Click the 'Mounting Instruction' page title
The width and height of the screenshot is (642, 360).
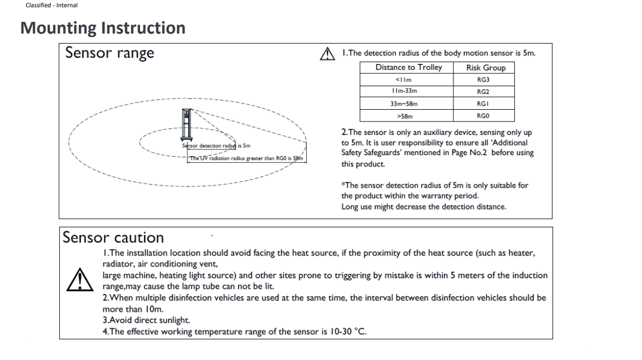103,28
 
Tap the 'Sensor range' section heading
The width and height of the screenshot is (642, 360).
110,53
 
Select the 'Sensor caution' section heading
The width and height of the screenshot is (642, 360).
113,237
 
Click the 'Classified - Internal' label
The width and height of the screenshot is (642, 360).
51,5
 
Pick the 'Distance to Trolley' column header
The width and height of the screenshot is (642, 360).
409,67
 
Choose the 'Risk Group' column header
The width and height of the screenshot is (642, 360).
485,68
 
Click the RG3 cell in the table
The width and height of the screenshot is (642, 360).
483,80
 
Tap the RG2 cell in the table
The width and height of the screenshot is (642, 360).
483,91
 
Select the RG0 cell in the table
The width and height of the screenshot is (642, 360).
483,116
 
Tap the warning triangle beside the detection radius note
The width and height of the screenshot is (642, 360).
326,54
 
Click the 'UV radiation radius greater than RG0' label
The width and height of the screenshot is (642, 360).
246,158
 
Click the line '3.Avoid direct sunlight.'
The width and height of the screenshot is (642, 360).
147,320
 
